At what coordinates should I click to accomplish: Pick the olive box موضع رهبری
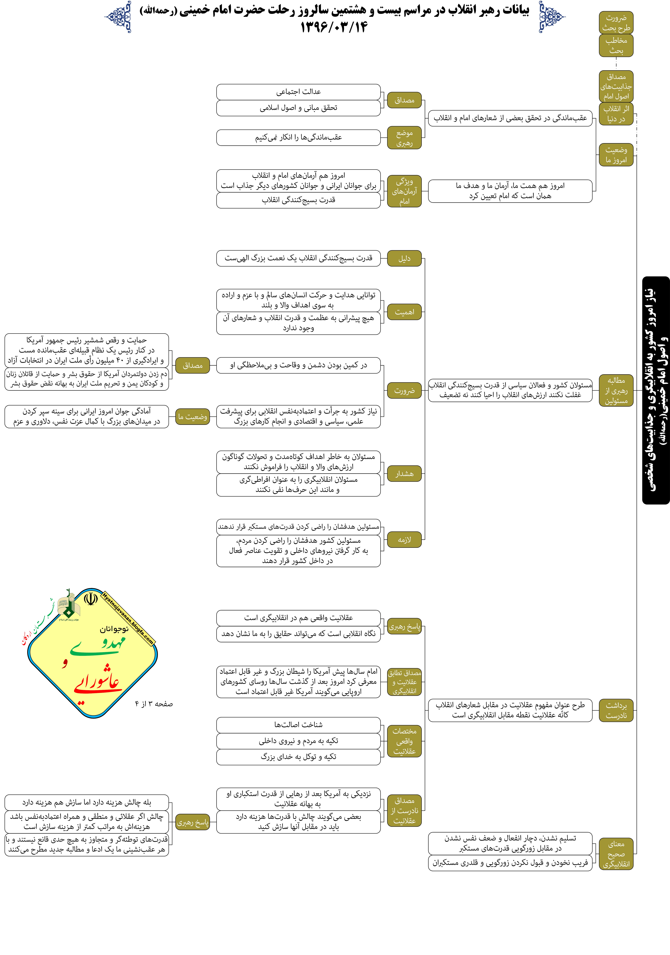click(404, 138)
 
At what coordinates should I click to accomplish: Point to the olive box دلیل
click(404, 258)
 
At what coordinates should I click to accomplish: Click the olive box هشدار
click(404, 474)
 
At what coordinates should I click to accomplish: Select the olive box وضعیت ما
click(193, 417)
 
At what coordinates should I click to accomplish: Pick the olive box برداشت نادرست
click(616, 710)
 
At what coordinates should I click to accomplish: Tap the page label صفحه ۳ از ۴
click(154, 704)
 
